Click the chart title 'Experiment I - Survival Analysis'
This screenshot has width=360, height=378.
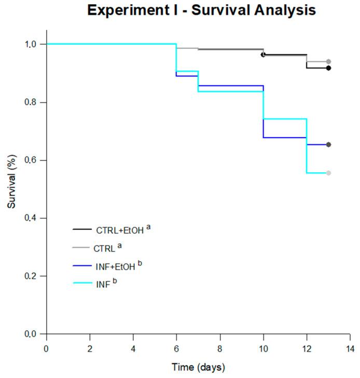click(x=201, y=10)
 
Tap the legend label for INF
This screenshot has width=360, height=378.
click(x=103, y=284)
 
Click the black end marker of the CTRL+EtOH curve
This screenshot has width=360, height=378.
click(x=328, y=68)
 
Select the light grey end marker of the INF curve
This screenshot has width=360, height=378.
click(x=328, y=173)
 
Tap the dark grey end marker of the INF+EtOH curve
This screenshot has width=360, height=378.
click(x=328, y=144)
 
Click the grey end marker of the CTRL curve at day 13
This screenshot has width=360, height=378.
click(x=328, y=61)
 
